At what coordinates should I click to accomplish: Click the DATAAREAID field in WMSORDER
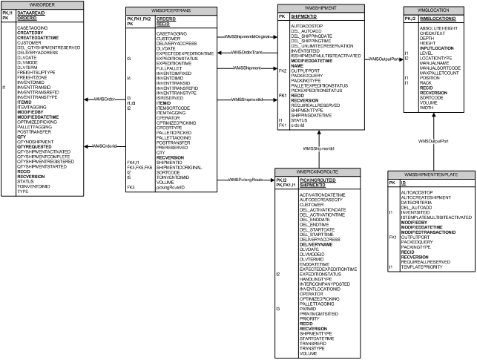click(x=30, y=13)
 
